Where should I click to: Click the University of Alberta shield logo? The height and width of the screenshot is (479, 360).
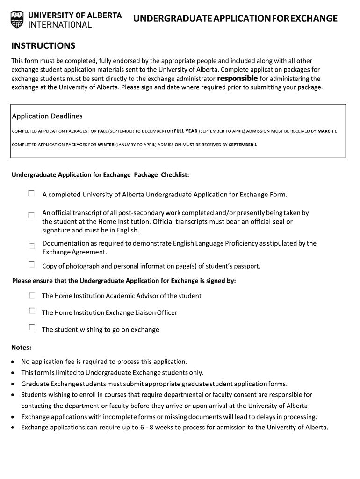(17, 19)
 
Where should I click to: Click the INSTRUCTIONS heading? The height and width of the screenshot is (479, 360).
(43, 46)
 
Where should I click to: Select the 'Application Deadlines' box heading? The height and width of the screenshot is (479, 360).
(47, 116)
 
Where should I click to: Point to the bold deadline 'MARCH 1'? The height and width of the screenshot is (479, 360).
(327, 131)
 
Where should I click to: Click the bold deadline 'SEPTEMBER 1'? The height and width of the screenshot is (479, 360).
(243, 145)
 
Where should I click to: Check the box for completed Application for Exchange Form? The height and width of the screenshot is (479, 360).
(31, 193)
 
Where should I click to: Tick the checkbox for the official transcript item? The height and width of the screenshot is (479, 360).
(31, 215)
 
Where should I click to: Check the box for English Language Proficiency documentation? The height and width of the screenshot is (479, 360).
(31, 246)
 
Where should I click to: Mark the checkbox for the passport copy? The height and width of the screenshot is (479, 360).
(31, 265)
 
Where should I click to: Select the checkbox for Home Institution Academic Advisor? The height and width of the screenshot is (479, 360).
(31, 296)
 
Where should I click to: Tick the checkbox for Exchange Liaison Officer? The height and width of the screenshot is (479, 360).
(31, 311)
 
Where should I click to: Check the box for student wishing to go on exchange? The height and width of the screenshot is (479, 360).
(31, 327)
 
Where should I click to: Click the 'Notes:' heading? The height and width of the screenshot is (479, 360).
(22, 348)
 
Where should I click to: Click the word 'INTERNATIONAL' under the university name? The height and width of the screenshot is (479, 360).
(60, 25)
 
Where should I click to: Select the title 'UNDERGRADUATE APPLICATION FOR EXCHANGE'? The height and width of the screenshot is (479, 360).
(235, 19)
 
